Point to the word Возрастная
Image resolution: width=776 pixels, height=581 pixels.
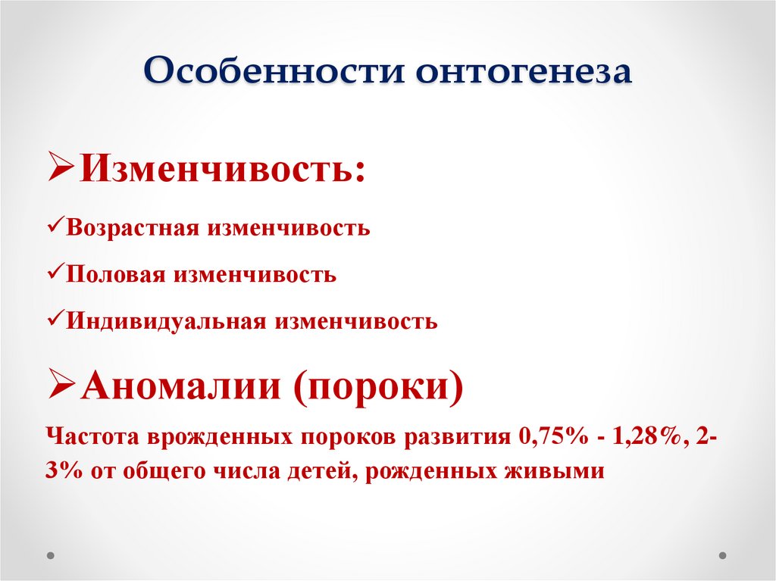131,228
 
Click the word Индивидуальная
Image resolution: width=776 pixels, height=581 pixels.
165,321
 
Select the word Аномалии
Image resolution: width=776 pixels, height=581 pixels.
181,389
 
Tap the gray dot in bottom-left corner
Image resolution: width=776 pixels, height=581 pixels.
51,554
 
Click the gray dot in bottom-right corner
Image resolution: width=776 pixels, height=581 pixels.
724,554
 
